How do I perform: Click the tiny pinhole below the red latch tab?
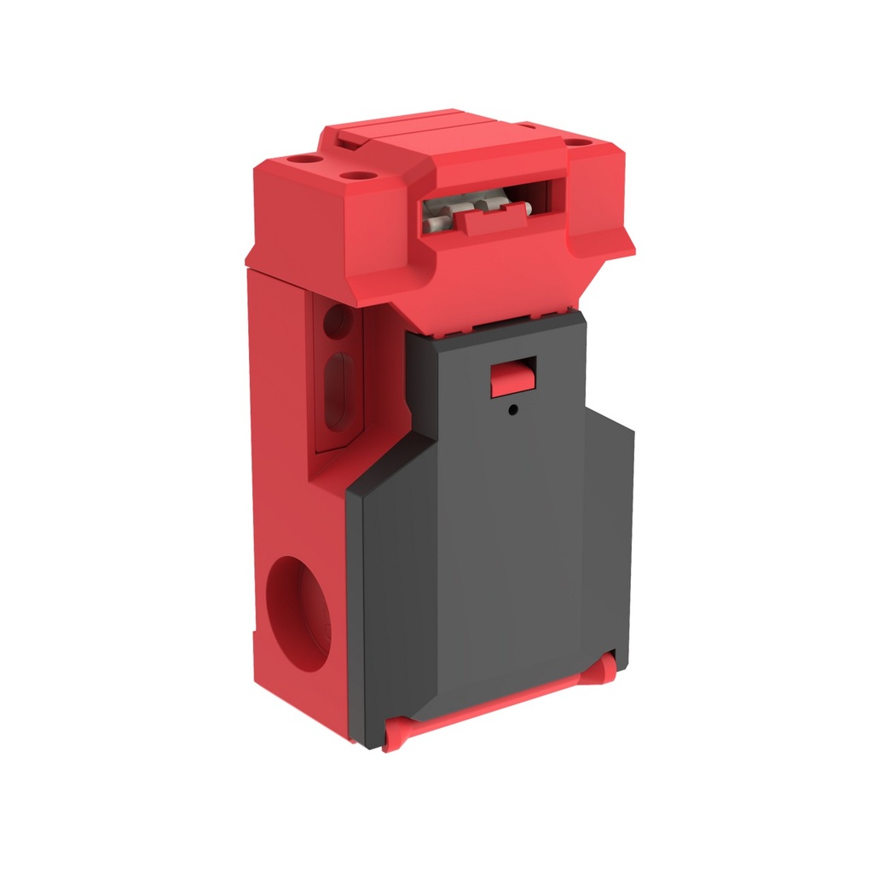click(512, 410)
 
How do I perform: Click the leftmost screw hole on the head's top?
click(302, 159)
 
